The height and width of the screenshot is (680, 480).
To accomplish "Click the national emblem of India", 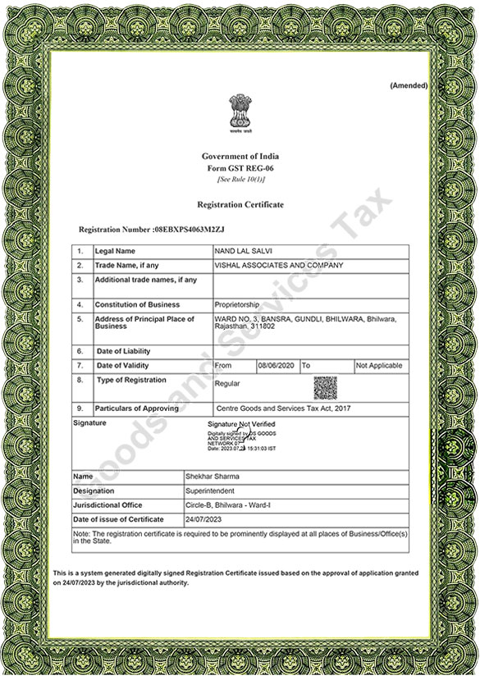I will [x=240, y=113].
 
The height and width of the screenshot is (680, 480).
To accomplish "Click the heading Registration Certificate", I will [x=240, y=204].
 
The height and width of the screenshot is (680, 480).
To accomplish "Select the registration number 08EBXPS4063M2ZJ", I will [x=189, y=230].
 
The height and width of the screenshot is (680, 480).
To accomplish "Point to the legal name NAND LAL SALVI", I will [x=239, y=251].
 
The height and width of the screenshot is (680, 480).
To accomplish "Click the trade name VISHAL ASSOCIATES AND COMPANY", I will [x=278, y=266].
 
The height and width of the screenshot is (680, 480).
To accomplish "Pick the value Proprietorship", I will [x=237, y=305].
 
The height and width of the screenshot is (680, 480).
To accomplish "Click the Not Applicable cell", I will [x=378, y=366].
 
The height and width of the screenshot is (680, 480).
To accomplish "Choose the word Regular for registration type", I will [x=226, y=383].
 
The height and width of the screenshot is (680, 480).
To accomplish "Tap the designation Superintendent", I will [x=212, y=491].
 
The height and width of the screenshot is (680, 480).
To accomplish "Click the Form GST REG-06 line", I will [x=240, y=167].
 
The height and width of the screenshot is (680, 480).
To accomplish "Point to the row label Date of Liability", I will [x=123, y=351].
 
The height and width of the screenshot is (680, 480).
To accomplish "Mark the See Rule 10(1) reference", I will [x=240, y=179].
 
